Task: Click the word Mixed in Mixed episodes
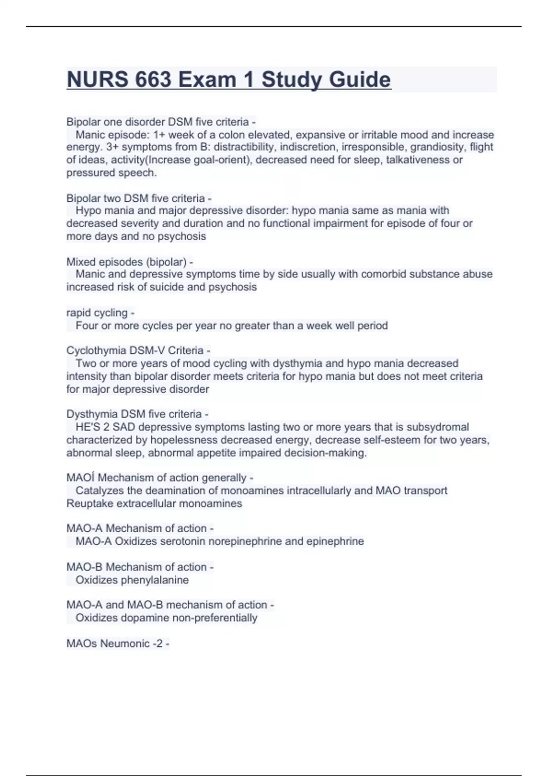(81, 262)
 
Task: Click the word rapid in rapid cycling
(78, 313)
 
